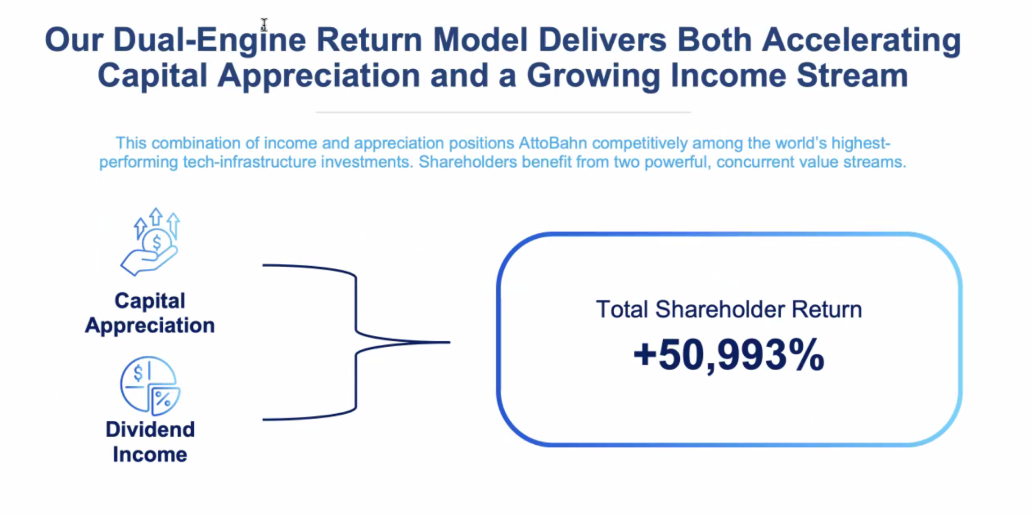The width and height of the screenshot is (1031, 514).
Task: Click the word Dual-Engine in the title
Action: [209, 40]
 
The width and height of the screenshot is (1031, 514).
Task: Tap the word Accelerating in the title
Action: [861, 40]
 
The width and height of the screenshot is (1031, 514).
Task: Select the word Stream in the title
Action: [852, 75]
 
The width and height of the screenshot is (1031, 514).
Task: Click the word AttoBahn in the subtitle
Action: [553, 143]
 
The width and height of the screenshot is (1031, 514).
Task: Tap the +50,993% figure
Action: [729, 355]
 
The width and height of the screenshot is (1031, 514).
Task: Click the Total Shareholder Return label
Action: [729, 310]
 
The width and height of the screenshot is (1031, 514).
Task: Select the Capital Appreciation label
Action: [150, 313]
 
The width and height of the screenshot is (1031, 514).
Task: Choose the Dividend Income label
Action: [150, 442]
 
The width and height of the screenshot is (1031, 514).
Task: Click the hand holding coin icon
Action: [150, 242]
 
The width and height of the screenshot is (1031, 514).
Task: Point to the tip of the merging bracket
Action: [449, 342]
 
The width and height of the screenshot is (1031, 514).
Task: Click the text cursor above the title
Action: [264, 25]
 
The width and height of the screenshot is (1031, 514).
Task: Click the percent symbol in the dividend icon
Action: [163, 399]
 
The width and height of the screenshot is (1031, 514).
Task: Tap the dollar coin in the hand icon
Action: [157, 243]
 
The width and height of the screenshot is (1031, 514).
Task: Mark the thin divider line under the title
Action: [503, 112]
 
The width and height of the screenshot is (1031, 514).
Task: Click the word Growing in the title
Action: [593, 75]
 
